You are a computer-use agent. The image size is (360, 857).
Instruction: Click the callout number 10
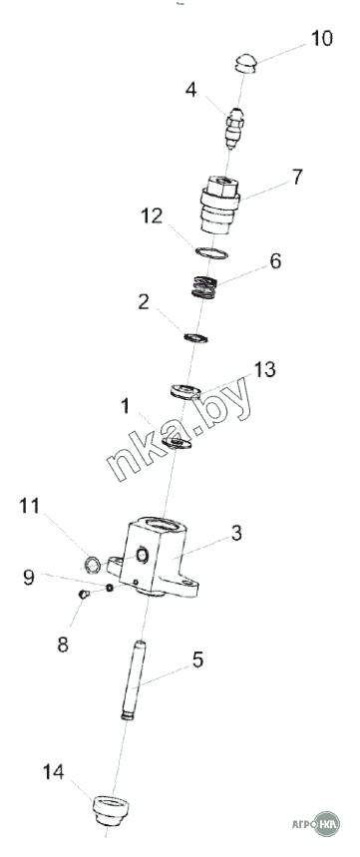point(322,39)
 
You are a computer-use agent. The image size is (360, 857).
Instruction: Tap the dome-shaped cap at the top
point(246,64)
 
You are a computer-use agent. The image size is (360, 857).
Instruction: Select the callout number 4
point(190,90)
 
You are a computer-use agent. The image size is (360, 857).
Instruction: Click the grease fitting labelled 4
point(235,128)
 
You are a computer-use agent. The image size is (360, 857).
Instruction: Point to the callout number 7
point(296,177)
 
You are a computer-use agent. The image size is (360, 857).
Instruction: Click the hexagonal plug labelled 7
point(220,205)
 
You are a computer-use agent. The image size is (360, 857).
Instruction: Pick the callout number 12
point(153,216)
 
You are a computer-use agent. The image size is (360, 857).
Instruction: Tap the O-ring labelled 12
point(211,253)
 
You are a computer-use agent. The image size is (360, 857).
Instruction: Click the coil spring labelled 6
point(204,287)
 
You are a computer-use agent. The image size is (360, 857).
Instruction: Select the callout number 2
point(144,302)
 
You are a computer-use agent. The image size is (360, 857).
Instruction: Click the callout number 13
point(265,370)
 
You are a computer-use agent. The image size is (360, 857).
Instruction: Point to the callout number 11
point(30,506)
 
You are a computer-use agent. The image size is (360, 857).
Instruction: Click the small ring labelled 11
point(93,564)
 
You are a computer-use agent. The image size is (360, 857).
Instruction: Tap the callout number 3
point(236,533)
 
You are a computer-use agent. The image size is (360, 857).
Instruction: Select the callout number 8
point(63,644)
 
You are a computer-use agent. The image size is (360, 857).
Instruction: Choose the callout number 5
point(197,659)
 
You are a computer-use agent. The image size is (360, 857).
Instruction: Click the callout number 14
point(54,772)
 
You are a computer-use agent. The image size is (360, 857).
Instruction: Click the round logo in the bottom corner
point(327,824)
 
